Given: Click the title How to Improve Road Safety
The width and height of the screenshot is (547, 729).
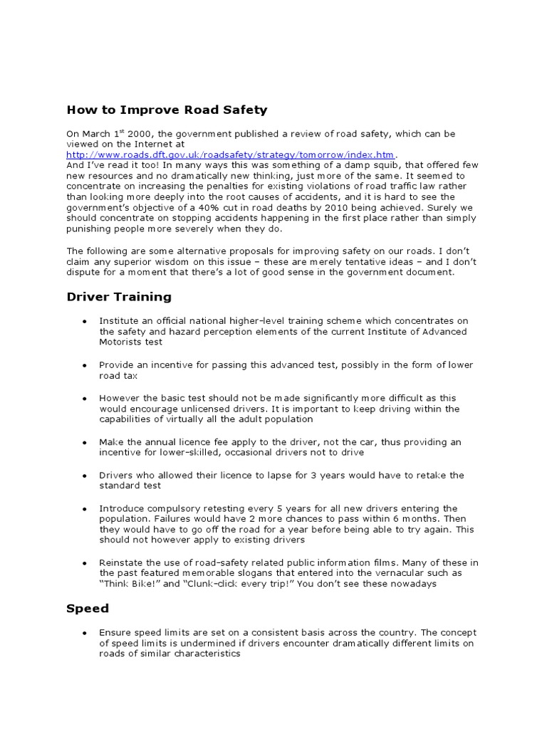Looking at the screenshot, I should tap(167, 110).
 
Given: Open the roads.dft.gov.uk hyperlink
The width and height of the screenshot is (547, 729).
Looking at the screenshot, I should tap(230, 154).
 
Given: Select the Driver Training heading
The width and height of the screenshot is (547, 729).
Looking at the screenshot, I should tap(118, 296).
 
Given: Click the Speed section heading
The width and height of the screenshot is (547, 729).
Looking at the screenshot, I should tap(88, 609).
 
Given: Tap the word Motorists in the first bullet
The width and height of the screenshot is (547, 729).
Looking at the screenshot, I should tap(121, 342).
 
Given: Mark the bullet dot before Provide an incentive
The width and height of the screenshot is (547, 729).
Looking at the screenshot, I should tap(84, 365).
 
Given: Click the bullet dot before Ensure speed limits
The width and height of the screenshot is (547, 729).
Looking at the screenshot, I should tap(84, 632).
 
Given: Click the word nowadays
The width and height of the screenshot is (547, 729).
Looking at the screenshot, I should tap(411, 584).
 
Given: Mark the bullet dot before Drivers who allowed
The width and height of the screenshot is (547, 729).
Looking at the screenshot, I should tap(84, 475).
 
